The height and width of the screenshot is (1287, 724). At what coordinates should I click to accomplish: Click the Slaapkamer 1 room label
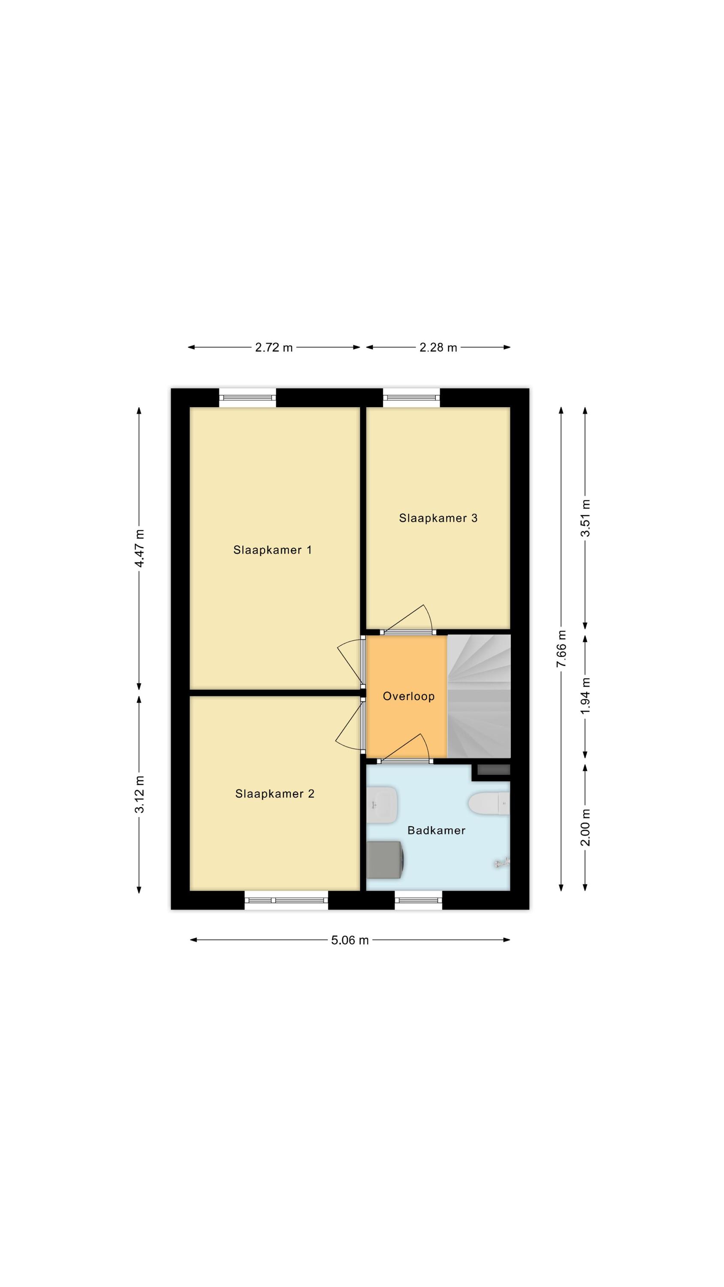pos(272,550)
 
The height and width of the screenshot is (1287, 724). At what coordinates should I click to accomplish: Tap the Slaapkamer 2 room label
pos(275,794)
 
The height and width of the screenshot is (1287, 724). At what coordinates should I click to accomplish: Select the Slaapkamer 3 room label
pos(438,518)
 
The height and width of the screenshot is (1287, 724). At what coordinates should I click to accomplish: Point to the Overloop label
pos(409,696)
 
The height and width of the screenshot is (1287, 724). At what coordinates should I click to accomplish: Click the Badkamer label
pos(436,831)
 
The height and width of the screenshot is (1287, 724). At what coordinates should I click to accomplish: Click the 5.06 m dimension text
pos(350,940)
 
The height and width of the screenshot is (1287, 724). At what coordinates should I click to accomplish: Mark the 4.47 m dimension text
pos(139,548)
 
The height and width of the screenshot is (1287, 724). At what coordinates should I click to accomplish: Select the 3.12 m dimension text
pos(139,795)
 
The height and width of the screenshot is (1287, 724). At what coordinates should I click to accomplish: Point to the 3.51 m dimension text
pos(585,518)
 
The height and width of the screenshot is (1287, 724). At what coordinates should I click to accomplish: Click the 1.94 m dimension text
pos(585,696)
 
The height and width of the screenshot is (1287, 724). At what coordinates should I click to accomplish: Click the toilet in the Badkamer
pos(489,804)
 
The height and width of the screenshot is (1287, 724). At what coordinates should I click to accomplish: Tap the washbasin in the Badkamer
pos(382,805)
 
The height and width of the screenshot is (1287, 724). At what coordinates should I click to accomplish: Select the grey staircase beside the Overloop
pos(479,696)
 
